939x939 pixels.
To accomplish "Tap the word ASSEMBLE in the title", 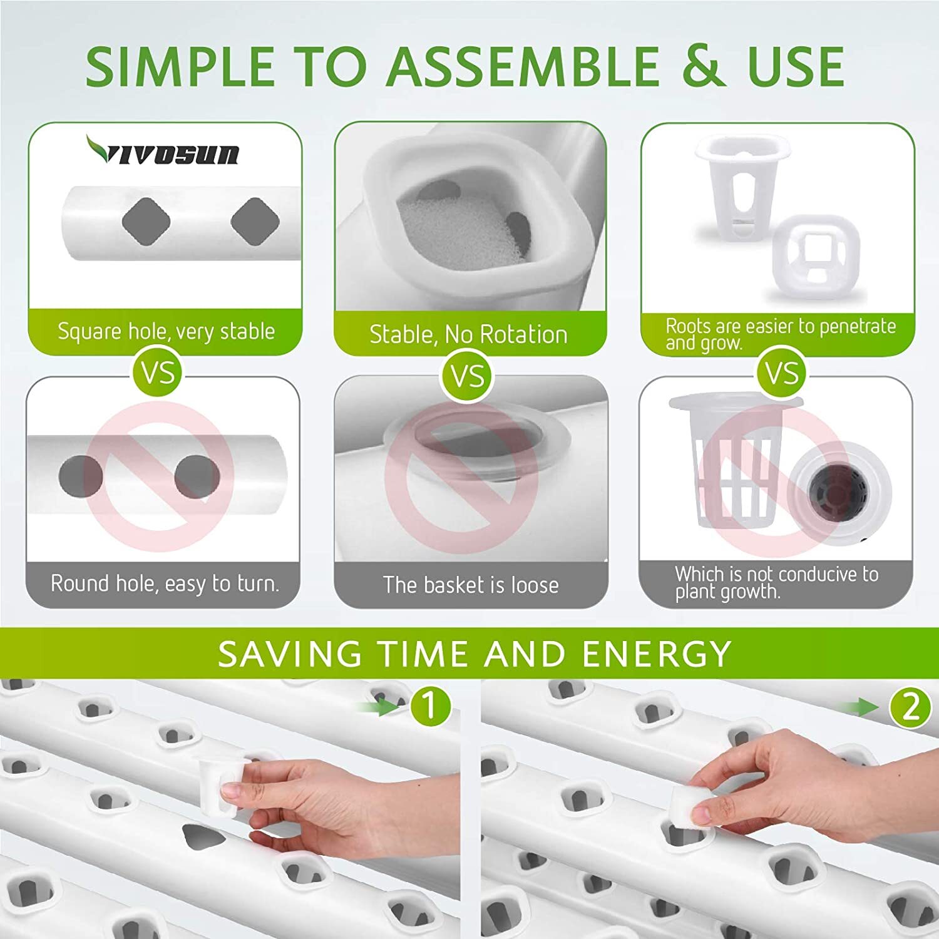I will coord(523,66).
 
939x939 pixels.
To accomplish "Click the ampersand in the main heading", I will coord(704,66).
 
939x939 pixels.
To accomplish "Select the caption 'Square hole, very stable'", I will coord(166,331).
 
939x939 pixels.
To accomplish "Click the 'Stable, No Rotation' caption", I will coord(468,334).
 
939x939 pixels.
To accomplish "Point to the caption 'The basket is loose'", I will coord(471,585).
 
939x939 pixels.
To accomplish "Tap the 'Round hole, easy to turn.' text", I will coord(165,583).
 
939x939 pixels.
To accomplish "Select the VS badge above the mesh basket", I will coord(781,373).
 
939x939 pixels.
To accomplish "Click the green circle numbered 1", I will coord(431,706).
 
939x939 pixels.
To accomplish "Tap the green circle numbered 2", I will coord(911,707).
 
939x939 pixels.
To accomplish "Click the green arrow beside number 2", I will coord(859,707).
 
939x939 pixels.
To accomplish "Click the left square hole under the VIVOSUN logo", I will coord(146,222).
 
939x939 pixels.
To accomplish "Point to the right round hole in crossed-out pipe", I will coord(197,476).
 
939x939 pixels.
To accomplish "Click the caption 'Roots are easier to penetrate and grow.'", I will coord(780,334).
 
